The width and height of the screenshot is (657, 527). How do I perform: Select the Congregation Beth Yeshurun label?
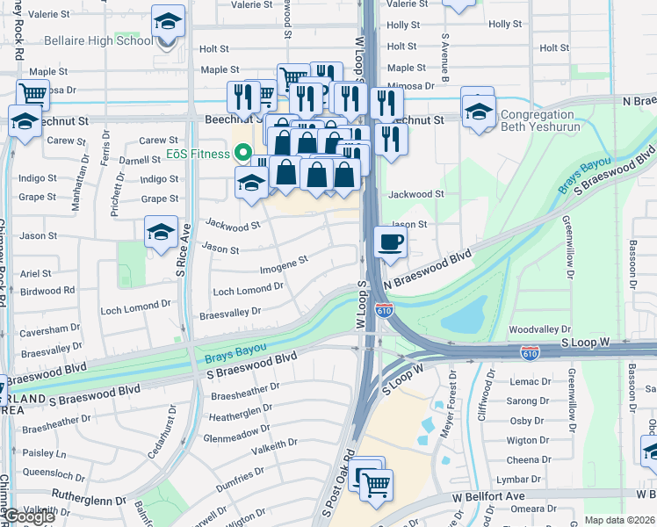[x=550, y=120]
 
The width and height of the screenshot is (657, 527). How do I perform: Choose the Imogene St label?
[x=284, y=261]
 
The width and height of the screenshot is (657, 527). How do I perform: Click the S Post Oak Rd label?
[x=337, y=484]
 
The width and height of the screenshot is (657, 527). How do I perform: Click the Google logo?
[x=30, y=517]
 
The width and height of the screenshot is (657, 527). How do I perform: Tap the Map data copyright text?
[x=619, y=520]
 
